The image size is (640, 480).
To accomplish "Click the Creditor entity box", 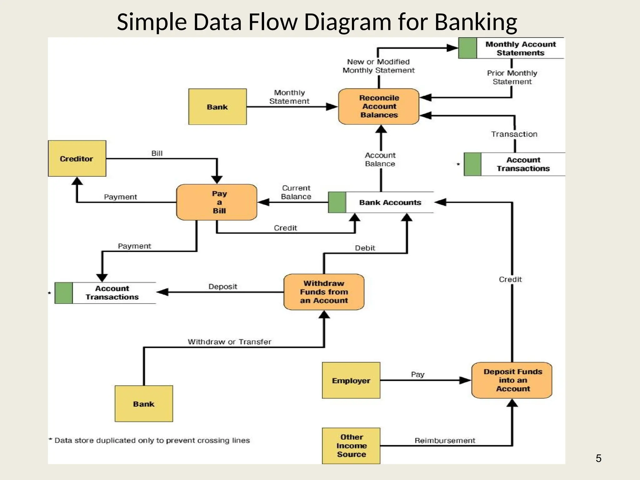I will (77, 158).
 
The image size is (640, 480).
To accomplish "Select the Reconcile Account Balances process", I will (378, 107).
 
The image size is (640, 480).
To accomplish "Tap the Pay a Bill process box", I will (217, 202).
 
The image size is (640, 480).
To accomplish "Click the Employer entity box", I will (351, 380).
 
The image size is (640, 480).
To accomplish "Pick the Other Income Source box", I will (351, 446).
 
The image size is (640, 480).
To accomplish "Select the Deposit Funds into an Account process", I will (512, 380).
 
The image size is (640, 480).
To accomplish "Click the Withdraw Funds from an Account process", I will (324, 292).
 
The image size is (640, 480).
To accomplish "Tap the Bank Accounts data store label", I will (390, 202).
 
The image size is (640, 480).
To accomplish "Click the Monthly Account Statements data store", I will (520, 48).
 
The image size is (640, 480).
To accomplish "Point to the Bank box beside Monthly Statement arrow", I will (217, 107).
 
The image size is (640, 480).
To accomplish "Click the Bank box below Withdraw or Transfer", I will (144, 404).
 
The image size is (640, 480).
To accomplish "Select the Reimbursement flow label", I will (444, 440).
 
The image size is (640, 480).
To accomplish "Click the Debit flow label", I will (365, 248).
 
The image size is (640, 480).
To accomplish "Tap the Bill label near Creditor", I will (157, 153).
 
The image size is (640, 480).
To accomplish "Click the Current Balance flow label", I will (296, 192).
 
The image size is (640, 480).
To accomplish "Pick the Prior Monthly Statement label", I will (512, 77).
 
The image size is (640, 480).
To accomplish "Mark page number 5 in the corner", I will (598, 458).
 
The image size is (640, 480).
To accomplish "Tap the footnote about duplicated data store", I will (149, 440).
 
